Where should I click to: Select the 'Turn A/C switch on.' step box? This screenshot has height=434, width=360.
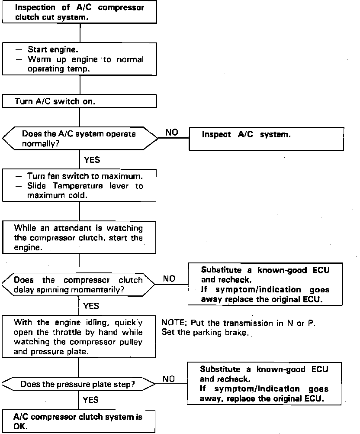pyautogui.click(x=79, y=101)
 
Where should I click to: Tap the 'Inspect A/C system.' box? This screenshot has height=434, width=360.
pyautogui.click(x=266, y=139)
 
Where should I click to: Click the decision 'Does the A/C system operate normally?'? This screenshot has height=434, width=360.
pyautogui.click(x=80, y=138)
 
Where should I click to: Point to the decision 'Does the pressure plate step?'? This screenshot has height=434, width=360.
pyautogui.click(x=80, y=384)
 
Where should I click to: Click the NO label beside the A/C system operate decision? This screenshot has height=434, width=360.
pyautogui.click(x=172, y=133)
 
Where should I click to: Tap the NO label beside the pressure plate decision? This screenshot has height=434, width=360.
pyautogui.click(x=169, y=379)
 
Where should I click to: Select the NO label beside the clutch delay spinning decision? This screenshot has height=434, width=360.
pyautogui.click(x=169, y=279)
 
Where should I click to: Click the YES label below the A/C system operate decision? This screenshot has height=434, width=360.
pyautogui.click(x=91, y=160)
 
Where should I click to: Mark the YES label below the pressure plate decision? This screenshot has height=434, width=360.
pyautogui.click(x=90, y=400)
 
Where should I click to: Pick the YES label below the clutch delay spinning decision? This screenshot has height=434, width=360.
pyautogui.click(x=91, y=306)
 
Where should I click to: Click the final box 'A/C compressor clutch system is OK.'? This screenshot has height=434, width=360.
pyautogui.click(x=79, y=421)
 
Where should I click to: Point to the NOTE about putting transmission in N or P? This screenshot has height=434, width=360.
pyautogui.click(x=238, y=323)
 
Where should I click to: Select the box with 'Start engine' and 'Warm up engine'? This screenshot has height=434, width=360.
pyautogui.click(x=79, y=59)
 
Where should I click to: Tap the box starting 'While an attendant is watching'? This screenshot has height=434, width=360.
pyautogui.click(x=79, y=238)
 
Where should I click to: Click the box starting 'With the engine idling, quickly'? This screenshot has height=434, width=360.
pyautogui.click(x=79, y=337)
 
